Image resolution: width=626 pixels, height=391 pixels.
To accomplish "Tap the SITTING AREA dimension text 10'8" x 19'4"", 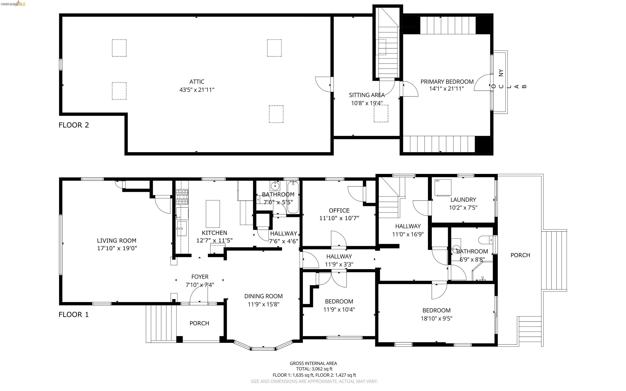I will [x=367, y=103].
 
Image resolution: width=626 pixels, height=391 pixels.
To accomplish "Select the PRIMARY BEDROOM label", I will [x=447, y=82].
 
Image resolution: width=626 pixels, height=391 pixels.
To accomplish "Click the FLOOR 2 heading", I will [x=74, y=125].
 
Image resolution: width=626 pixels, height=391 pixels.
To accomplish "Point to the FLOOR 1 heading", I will [x=74, y=315].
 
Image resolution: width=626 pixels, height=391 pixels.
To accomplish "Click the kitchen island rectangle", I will [x=213, y=214].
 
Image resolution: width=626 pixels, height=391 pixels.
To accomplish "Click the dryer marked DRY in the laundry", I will [x=443, y=188].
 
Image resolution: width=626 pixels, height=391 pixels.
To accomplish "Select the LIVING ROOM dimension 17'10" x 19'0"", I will [x=117, y=248].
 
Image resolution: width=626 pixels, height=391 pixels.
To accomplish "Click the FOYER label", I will [x=200, y=277].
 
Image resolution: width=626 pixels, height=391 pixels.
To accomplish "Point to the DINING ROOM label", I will [x=263, y=296].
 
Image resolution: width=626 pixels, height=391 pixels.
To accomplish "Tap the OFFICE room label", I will [x=339, y=211].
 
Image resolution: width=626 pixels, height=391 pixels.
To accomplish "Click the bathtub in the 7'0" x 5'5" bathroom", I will [x=293, y=197].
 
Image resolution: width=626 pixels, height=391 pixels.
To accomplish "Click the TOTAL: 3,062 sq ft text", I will [x=314, y=369].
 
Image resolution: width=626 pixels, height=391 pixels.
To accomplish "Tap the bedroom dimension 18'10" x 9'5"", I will [x=436, y=318].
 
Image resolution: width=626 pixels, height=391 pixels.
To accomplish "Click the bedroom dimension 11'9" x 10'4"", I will [x=339, y=309].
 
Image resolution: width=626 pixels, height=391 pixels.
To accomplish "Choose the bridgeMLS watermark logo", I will [x=13, y=4].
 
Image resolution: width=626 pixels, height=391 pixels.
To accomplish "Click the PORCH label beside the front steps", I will [x=199, y=323].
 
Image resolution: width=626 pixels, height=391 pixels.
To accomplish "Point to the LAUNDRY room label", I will [x=463, y=200].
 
